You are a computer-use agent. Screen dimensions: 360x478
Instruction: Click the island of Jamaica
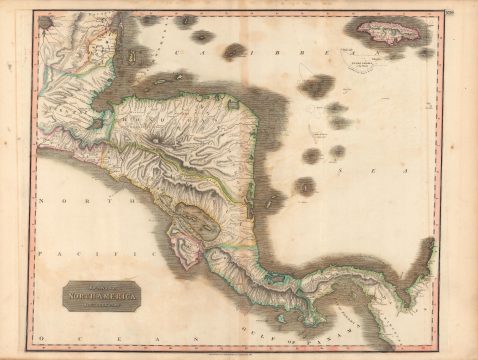(392, 33)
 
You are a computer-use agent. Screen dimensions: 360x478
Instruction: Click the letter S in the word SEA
(338, 171)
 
